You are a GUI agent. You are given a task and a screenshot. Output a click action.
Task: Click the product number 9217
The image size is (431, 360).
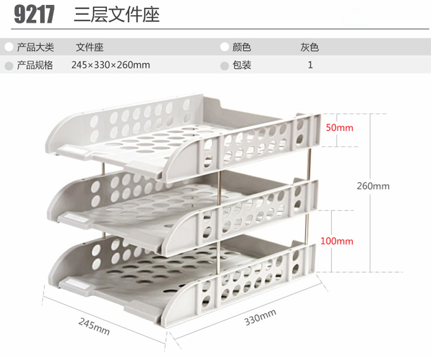tap(34, 14)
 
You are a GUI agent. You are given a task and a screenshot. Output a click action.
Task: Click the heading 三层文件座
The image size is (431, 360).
tap(116, 14)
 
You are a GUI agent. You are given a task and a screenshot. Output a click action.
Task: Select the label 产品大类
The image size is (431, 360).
tap(35, 47)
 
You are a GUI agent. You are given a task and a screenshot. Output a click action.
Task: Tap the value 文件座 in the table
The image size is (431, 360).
tap(89, 47)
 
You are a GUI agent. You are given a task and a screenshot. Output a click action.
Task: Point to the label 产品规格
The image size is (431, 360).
tap(35, 65)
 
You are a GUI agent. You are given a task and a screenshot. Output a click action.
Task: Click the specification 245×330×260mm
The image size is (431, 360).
tap(110, 65)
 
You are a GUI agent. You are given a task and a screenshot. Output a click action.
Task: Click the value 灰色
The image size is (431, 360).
tap(309, 47)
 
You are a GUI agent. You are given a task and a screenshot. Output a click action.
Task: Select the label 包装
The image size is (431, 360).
tap(242, 65)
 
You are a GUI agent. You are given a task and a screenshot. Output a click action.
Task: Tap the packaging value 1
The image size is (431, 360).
tap(310, 65)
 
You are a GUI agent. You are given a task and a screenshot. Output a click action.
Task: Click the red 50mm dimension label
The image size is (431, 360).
tap(339, 128)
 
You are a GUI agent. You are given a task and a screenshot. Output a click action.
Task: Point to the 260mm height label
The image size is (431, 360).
tap(373, 186)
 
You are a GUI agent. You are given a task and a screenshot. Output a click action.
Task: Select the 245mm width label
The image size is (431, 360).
tap(94, 326)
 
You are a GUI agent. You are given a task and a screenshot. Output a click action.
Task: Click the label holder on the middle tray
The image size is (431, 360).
tap(76, 218)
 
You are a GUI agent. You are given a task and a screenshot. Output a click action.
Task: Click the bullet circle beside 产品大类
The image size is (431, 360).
tap(8, 48)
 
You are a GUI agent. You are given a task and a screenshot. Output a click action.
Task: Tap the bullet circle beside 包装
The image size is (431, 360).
tap(224, 65)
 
